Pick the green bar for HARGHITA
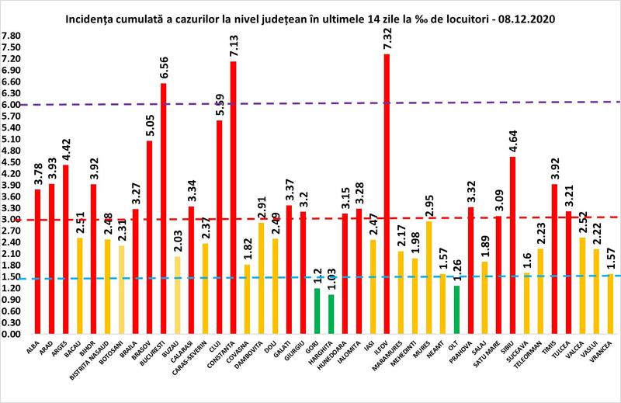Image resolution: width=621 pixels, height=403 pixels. pos(331,314)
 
